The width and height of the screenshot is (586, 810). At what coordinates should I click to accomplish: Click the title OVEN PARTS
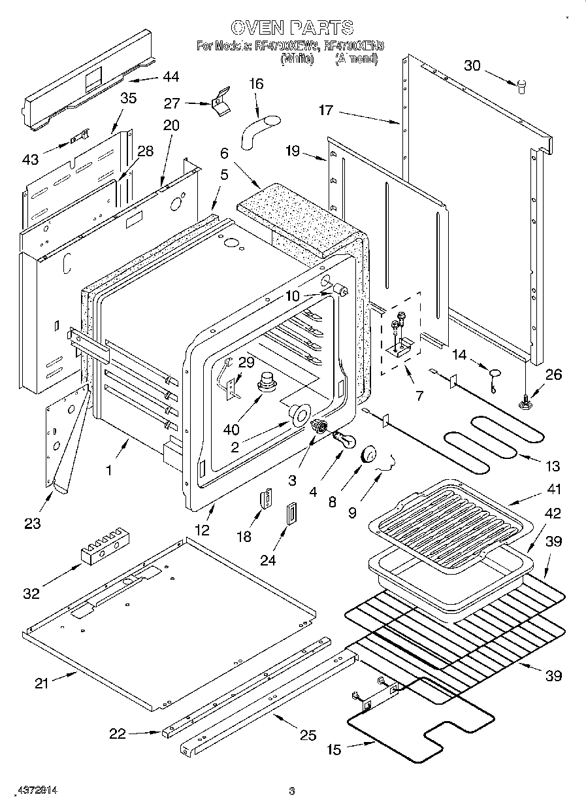click(x=292, y=27)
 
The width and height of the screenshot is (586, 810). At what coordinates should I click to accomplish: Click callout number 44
click(x=170, y=77)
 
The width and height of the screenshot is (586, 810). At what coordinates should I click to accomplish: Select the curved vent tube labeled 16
click(x=257, y=129)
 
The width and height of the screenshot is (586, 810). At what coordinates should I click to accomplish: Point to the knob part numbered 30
click(x=521, y=86)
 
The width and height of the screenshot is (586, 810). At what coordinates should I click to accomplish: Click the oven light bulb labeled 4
click(x=344, y=440)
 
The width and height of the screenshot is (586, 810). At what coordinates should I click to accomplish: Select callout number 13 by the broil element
click(x=553, y=466)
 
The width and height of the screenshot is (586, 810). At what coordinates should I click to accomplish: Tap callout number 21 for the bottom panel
click(x=41, y=683)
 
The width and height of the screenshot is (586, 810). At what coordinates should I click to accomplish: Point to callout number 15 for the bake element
click(x=334, y=750)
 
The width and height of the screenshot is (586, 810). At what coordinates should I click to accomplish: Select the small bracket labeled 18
click(x=266, y=499)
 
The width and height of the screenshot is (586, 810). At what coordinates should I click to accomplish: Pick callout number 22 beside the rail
click(x=118, y=734)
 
